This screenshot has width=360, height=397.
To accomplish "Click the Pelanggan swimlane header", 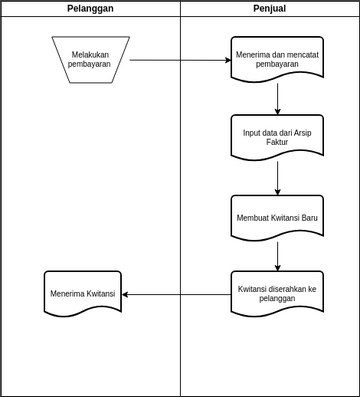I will [90, 8].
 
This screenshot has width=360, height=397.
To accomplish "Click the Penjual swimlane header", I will [270, 8].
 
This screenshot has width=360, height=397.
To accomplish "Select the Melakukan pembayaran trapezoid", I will [90, 59].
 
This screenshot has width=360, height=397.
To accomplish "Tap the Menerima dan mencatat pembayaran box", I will [277, 59].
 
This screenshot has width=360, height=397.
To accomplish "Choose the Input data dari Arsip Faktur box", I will [277, 137].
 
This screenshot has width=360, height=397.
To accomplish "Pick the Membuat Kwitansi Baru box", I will [277, 217].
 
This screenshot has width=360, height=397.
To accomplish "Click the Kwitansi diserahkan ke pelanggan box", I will [277, 294].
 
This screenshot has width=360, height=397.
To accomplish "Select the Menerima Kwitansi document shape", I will [83, 294].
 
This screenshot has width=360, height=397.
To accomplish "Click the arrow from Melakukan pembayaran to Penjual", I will [180, 60].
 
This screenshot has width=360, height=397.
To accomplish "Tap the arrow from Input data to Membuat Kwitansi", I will [277, 178].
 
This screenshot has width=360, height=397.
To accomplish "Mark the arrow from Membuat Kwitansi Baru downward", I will [277, 256].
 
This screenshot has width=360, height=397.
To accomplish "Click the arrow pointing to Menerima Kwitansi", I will [176, 294].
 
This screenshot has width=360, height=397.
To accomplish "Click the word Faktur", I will [277, 143].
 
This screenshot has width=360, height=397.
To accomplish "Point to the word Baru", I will [306, 217].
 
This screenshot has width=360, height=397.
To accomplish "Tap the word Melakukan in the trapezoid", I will [91, 54].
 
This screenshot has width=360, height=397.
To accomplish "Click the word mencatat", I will [301, 54].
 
